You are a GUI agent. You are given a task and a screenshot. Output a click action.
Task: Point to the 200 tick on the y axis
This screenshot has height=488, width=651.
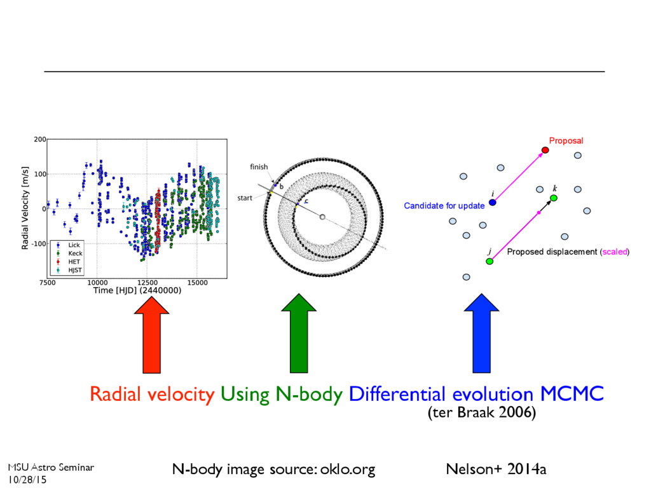coord(40,139)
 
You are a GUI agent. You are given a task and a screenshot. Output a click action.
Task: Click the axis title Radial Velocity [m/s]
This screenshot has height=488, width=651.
coord(25,208)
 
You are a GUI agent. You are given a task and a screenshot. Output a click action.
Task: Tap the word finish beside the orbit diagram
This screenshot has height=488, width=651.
coord(259,166)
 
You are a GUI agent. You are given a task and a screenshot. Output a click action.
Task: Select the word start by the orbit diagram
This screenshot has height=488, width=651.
coord(245,198)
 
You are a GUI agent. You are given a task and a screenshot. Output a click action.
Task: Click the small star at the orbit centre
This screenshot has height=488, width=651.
coord(322,217)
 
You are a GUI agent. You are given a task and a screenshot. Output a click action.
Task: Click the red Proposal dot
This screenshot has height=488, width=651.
coord(545,151)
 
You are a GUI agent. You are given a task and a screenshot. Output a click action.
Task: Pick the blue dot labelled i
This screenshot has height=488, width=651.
coord(492,203)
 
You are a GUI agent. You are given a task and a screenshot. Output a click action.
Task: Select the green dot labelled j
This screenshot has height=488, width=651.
coord(490,261)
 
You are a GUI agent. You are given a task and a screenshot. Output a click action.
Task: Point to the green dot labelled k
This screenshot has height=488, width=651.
coord(554,198)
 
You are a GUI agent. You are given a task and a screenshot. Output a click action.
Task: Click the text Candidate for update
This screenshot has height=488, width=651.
coord(444,206)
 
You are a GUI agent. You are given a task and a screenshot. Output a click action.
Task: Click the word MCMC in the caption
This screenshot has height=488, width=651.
coord(572,395)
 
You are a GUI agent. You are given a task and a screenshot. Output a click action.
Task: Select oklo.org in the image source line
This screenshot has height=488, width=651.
coord(347,470)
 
